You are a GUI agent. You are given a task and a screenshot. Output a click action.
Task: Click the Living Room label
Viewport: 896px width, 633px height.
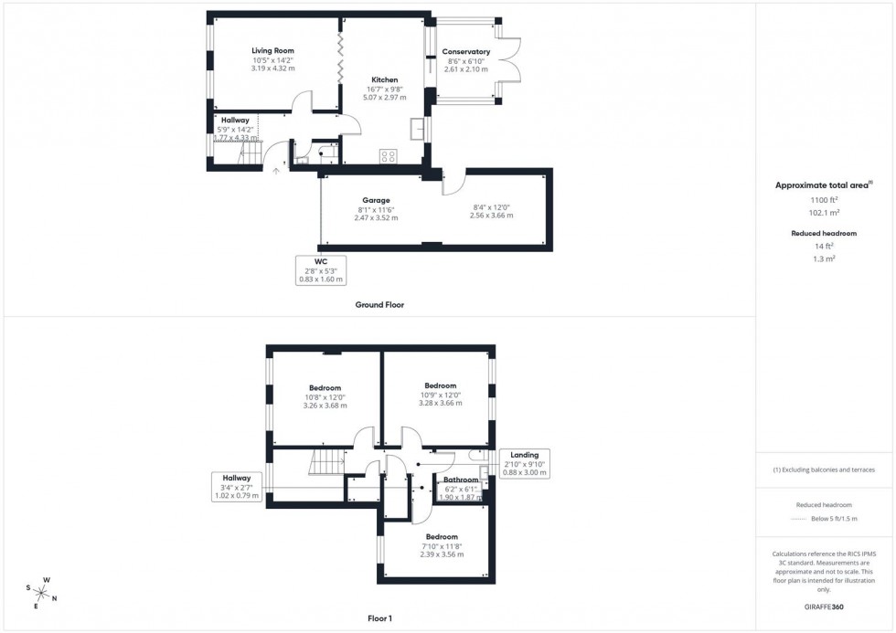(x=272, y=51)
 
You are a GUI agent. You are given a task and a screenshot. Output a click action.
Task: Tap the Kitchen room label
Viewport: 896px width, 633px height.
(x=384, y=79)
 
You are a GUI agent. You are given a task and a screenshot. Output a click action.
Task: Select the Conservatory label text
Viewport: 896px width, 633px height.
(x=466, y=52)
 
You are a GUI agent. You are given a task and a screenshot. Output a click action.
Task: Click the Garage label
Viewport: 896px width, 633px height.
(x=376, y=200)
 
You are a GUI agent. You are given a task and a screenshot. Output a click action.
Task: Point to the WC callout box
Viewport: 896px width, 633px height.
(x=321, y=270)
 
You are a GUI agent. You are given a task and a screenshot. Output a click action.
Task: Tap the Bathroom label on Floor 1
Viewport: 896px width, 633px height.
(x=461, y=480)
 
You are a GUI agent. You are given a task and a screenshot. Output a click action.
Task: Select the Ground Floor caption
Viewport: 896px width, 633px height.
(x=379, y=305)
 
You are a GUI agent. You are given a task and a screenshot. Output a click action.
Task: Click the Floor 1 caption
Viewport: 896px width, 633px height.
(x=379, y=618)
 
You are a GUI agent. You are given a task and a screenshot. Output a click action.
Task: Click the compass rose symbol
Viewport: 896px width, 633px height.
(x=41, y=591)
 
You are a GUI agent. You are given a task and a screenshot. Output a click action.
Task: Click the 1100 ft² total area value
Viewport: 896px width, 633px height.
(x=824, y=199)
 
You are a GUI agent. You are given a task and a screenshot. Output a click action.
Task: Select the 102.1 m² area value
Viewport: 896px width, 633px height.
(x=824, y=212)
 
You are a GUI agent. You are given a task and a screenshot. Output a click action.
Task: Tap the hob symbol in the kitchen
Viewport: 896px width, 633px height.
(x=389, y=155)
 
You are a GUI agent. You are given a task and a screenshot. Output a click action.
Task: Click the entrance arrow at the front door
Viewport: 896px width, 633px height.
(x=277, y=171)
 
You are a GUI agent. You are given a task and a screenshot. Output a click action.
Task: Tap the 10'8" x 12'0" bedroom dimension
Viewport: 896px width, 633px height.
(x=325, y=396)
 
